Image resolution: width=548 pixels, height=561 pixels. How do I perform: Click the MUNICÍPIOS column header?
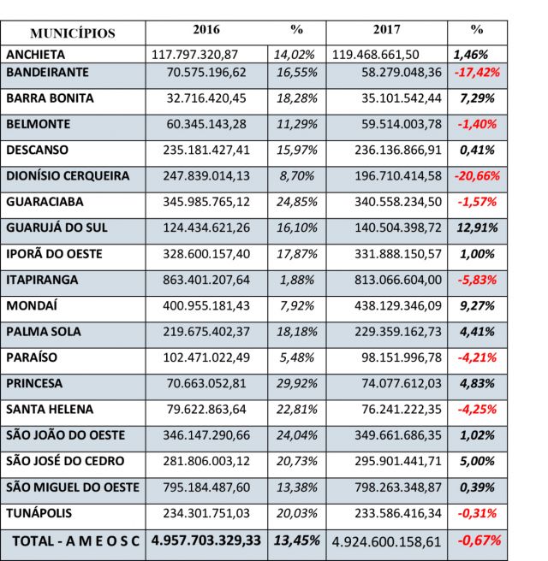click(73, 33)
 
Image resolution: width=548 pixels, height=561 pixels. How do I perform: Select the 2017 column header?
click(386, 29)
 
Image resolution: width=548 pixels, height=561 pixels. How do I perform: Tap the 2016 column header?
click(206, 29)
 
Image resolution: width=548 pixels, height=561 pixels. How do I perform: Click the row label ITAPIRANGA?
click(42, 280)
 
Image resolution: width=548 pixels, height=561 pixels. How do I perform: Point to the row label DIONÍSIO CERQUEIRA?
click(68, 175)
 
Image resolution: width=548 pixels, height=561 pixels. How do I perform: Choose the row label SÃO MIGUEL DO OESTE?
click(73, 487)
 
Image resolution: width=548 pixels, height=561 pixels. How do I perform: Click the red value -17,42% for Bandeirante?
click(477, 73)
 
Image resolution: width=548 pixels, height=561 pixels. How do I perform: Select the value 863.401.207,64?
click(206, 280)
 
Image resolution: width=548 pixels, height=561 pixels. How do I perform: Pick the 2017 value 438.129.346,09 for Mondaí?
click(398, 306)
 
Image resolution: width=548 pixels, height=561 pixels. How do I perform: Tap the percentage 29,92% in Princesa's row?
click(296, 383)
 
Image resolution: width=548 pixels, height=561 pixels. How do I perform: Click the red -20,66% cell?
click(477, 176)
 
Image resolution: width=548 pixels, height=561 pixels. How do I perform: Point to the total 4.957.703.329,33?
click(206, 540)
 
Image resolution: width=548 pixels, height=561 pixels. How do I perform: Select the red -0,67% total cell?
click(479, 540)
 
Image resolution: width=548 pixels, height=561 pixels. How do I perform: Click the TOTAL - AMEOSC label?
click(75, 541)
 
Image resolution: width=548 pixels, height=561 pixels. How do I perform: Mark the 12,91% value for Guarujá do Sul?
click(477, 227)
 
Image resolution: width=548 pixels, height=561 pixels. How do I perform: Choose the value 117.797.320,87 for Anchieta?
click(194, 55)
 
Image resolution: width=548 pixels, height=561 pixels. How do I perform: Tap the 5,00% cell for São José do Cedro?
click(477, 461)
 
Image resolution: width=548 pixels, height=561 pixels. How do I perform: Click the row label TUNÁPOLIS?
click(39, 513)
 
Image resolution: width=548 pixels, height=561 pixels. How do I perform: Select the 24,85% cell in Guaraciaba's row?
click(296, 202)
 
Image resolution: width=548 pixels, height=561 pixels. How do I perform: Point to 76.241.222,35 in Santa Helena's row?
click(402, 410)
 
